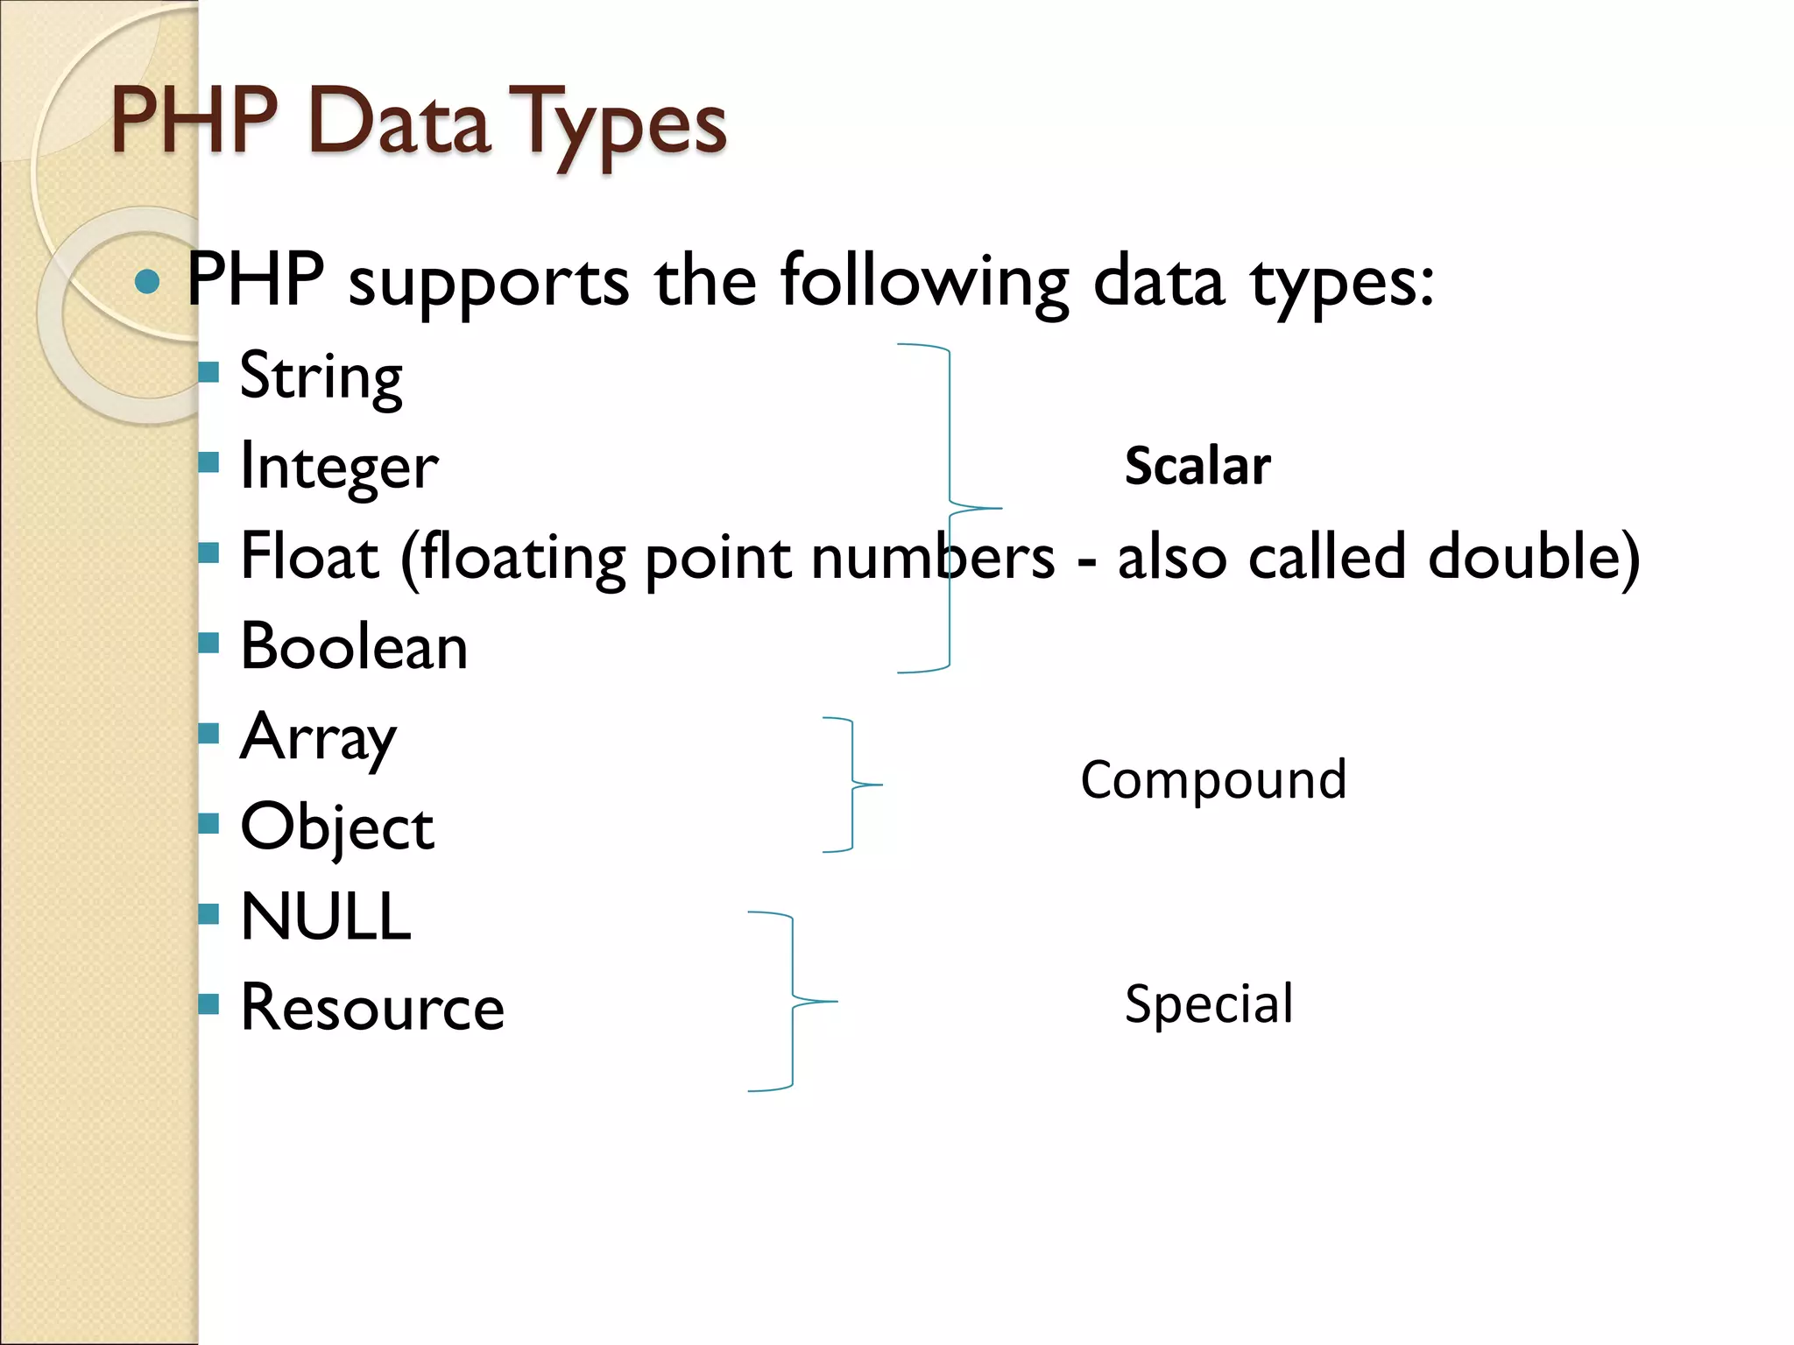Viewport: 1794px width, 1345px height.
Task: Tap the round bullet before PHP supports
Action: pos(148,281)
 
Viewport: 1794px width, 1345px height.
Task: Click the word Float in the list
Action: pos(309,557)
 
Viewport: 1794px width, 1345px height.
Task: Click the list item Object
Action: pos(337,828)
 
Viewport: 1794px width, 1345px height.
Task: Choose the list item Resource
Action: pos(372,1008)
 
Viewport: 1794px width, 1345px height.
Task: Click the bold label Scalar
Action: pos(1197,466)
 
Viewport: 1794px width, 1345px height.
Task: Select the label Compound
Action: pos(1213,779)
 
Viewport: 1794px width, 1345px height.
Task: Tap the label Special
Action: pos(1209,1003)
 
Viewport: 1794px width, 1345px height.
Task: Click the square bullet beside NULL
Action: pos(208,914)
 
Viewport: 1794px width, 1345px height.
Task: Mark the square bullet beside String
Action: pos(208,373)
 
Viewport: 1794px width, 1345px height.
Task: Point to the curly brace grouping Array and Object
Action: pos(852,785)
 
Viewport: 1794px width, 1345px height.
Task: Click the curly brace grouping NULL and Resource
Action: pos(793,1001)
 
